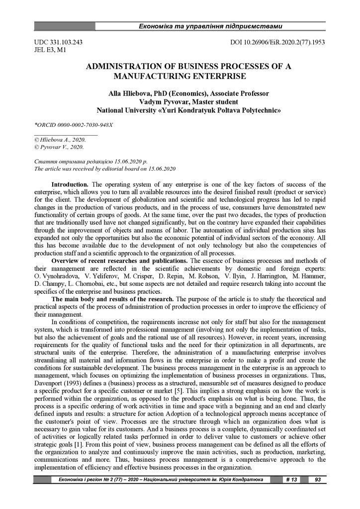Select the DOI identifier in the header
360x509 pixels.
tap(278, 43)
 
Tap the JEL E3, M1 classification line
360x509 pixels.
tap(50, 50)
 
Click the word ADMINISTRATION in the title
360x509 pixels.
tap(129, 67)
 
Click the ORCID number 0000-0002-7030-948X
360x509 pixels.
tap(84, 124)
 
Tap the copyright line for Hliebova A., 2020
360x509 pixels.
tap(59, 140)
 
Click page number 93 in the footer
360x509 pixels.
tap(317, 480)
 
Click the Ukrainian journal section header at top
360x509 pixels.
tap(210, 25)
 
